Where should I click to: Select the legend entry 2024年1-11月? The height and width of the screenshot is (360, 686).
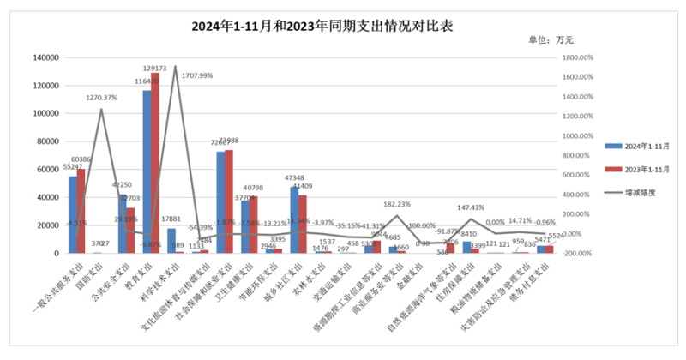coord(639,147)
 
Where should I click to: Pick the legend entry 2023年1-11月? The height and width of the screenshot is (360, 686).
coord(639,170)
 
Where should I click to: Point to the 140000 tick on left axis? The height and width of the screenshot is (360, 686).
coord(44,57)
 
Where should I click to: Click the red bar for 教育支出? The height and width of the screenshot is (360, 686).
coord(155,163)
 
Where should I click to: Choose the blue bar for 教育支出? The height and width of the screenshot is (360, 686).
coord(147,171)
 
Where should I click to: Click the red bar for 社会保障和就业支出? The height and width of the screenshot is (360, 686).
coord(229,201)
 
